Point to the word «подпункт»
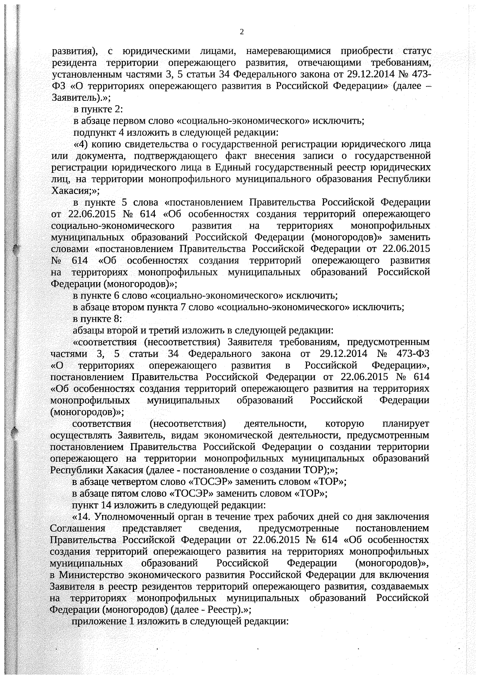click(90, 132)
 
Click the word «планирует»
click(406, 423)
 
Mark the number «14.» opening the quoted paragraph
click(85, 517)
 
